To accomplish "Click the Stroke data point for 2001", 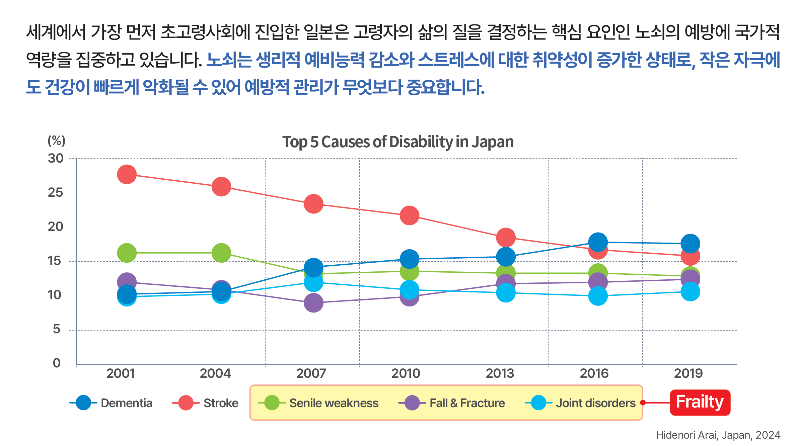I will [127, 174].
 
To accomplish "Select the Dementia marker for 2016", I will [598, 242].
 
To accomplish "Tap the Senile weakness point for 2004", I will [221, 253].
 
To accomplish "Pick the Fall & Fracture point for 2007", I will [313, 303].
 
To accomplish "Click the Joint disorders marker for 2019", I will [690, 291].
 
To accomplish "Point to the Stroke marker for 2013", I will [506, 237].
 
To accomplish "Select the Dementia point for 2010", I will [409, 259].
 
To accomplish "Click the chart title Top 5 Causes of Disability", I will [398, 142].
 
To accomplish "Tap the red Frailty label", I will [700, 402].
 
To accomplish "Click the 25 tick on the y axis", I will [56, 192].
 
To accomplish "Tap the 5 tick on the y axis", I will [57, 329].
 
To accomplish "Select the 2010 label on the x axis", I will [406, 373].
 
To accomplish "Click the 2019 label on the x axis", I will [688, 373].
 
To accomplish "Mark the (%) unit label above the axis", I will [56, 141].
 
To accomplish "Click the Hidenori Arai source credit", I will [718, 435].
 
